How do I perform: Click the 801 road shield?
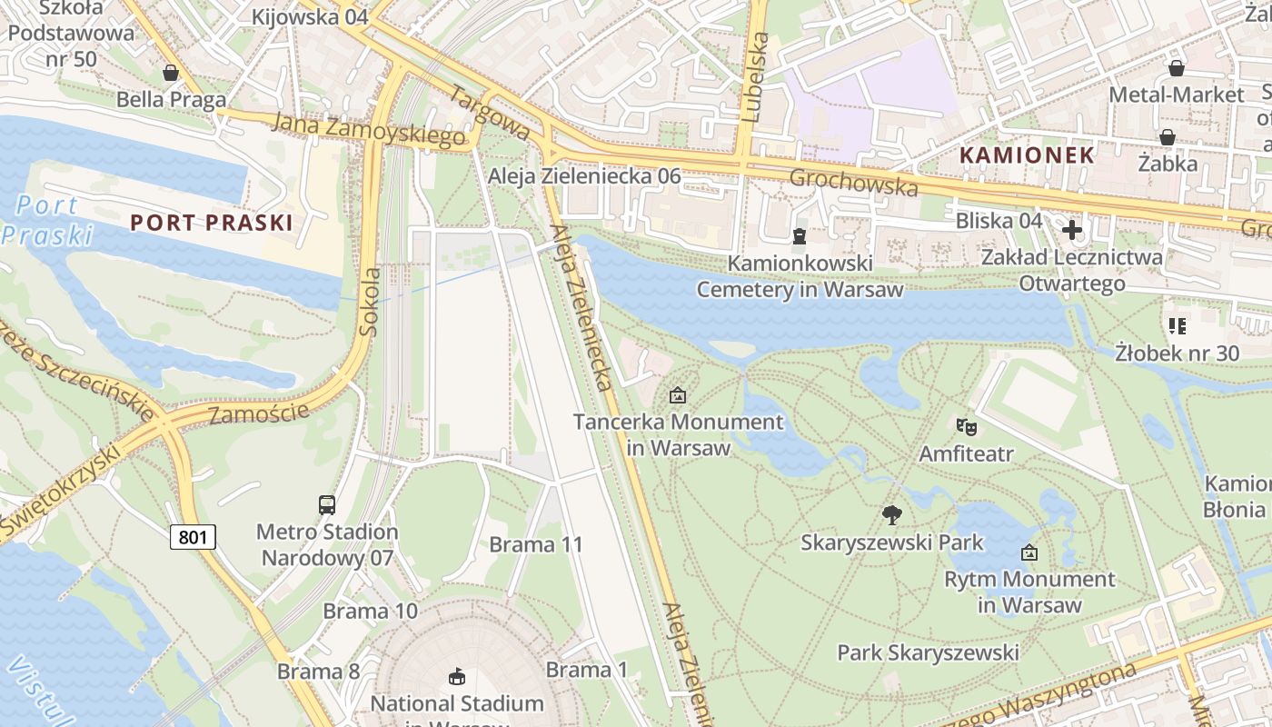[193, 537]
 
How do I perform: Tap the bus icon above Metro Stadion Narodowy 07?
[327, 504]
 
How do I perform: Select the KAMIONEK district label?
[1027, 154]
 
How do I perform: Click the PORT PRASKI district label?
[211, 223]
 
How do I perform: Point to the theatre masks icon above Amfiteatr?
[966, 425]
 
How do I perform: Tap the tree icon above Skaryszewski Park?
[892, 515]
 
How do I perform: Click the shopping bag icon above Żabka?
[1168, 137]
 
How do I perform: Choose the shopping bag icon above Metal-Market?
[1177, 68]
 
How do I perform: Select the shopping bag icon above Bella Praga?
[170, 73]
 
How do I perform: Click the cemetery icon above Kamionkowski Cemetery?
[800, 236]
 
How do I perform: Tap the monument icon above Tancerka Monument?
[677, 395]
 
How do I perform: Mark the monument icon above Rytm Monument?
[1029, 552]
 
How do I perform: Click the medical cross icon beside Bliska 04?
[1072, 230]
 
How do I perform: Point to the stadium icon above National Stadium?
[457, 676]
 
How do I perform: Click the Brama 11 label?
[535, 544]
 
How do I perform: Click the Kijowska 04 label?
[310, 17]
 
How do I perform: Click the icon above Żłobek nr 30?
[1178, 325]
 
